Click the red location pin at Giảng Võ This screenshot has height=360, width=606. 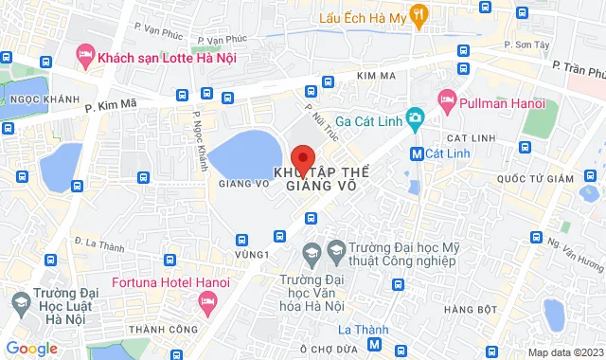(302, 158)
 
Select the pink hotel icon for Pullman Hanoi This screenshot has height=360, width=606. (448, 99)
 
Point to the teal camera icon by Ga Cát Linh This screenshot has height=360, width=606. (414, 118)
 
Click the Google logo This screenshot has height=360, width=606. (31, 349)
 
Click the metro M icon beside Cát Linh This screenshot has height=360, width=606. (417, 153)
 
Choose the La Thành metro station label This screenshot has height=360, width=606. (364, 330)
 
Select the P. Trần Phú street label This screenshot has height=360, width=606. (579, 70)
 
